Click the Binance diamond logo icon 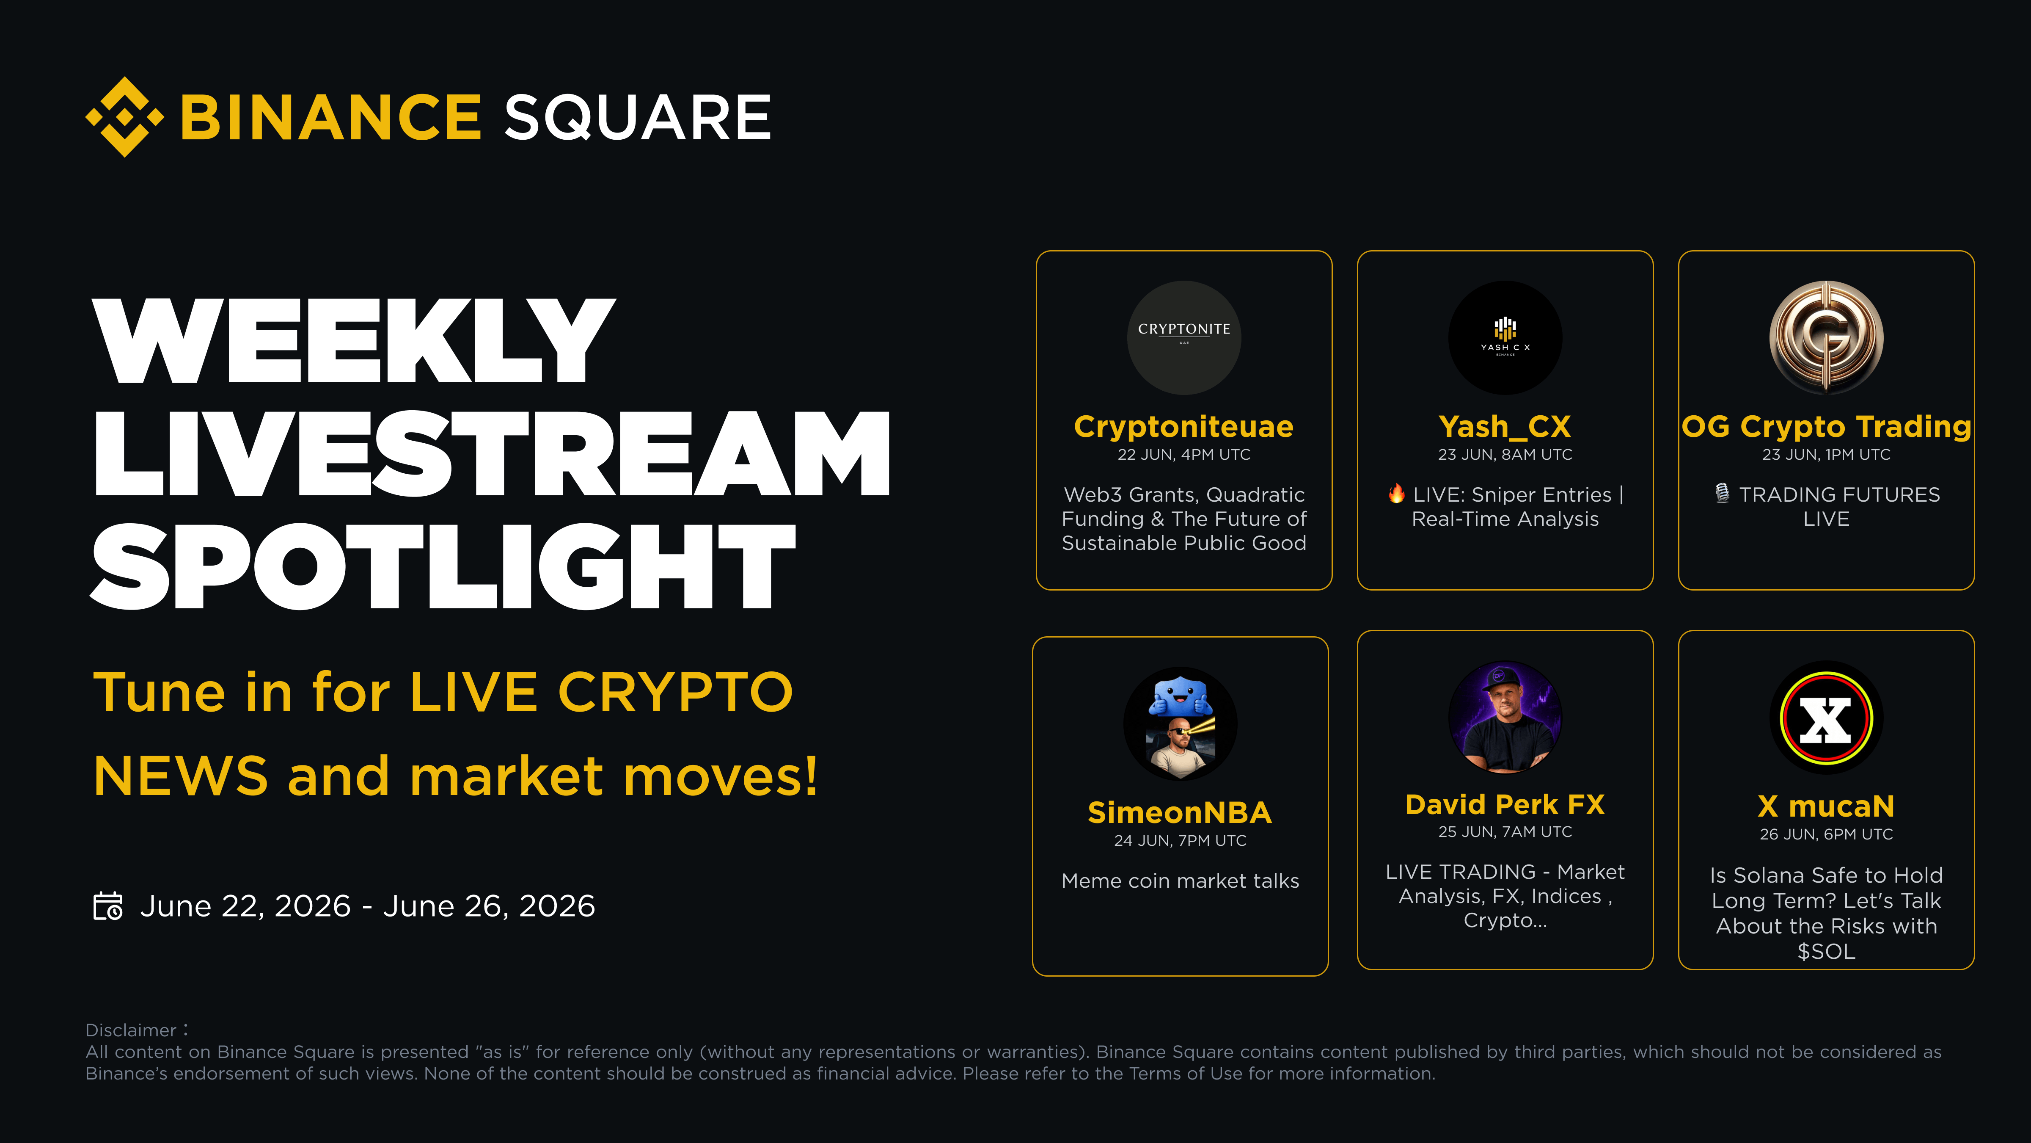(124, 117)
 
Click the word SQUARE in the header (638, 118)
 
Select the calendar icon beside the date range (108, 906)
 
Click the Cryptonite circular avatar (1183, 338)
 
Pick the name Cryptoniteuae (1183, 427)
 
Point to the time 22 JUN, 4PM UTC (1183, 454)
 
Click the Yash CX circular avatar (1505, 338)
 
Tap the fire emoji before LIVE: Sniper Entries (1396, 494)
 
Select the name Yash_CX (1505, 427)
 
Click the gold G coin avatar (1826, 338)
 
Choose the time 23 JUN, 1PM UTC (1826, 454)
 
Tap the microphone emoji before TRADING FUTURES (1723, 494)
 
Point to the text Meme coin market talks (1180, 881)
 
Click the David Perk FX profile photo (1505, 717)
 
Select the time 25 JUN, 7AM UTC (1505, 831)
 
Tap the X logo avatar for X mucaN (1826, 718)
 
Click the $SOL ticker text (1826, 951)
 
